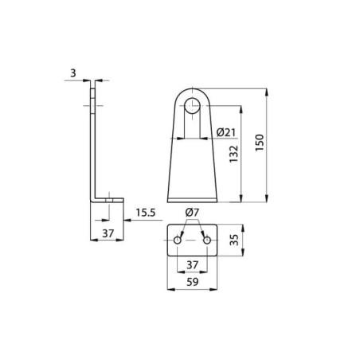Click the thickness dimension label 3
click(73, 72)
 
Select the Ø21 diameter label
click(225, 132)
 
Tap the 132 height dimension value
click(234, 154)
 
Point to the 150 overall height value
click(260, 143)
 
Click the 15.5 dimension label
click(146, 213)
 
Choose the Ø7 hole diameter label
click(192, 212)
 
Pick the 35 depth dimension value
click(234, 240)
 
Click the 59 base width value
click(192, 282)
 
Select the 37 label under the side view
click(108, 233)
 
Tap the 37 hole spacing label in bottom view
click(192, 264)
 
